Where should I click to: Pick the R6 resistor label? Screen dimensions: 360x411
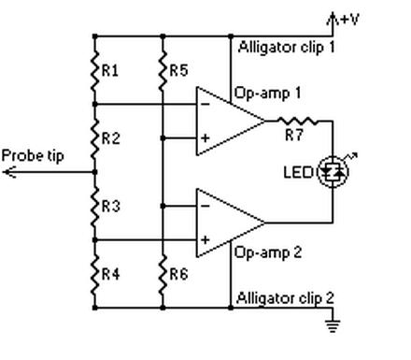coord(179,275)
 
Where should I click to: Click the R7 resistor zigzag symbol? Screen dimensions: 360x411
coord(300,121)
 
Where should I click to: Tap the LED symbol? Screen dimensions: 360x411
coord(333,171)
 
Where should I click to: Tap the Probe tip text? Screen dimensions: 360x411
coord(33,155)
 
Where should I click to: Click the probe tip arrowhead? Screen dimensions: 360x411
coord(8,172)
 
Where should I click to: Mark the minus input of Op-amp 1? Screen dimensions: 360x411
coord(204,105)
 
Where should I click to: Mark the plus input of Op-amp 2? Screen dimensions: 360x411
coord(204,240)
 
